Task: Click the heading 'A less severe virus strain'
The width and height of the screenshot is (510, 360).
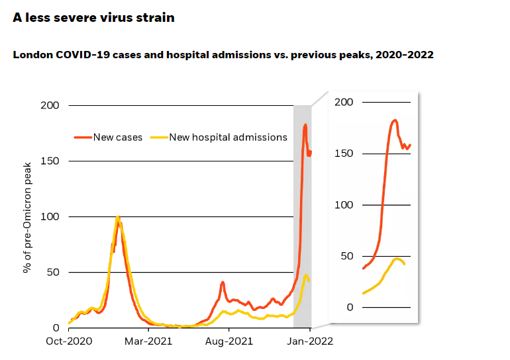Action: (x=93, y=18)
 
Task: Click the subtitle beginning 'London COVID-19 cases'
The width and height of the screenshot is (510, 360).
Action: (x=223, y=55)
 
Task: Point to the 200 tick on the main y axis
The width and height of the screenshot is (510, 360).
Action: (x=50, y=106)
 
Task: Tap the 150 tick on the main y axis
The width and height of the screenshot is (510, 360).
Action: (x=50, y=161)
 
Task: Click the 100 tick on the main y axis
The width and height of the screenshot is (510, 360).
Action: (x=50, y=217)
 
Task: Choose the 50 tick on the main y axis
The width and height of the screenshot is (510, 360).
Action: (x=54, y=273)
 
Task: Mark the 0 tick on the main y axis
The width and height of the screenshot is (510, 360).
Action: (x=56, y=328)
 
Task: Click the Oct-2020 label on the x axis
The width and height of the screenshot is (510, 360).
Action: (x=69, y=341)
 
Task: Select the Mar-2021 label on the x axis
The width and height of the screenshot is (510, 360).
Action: (x=149, y=341)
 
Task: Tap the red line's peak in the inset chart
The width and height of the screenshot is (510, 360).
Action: (x=395, y=120)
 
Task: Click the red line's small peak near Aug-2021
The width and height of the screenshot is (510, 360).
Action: (x=223, y=282)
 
